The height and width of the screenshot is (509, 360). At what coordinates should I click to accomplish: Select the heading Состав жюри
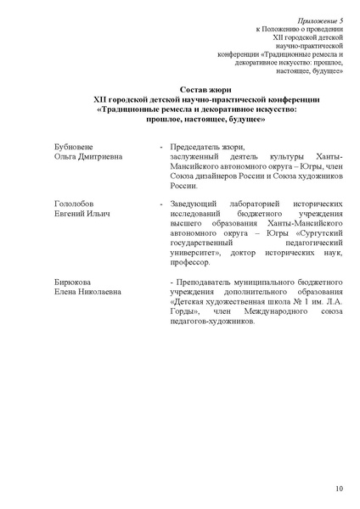coord(205,90)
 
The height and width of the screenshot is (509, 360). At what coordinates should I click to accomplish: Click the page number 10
coord(339,489)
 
